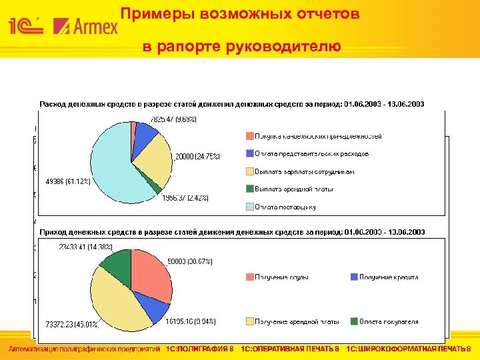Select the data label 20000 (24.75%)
pos(197,156)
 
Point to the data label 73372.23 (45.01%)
pos(73,325)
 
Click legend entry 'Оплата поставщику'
pos(285,207)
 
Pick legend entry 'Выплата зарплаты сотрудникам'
pos(304,171)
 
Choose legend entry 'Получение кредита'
pos(389,277)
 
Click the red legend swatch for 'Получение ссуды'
pos(249,277)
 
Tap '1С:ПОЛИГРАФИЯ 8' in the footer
pos(199,349)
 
